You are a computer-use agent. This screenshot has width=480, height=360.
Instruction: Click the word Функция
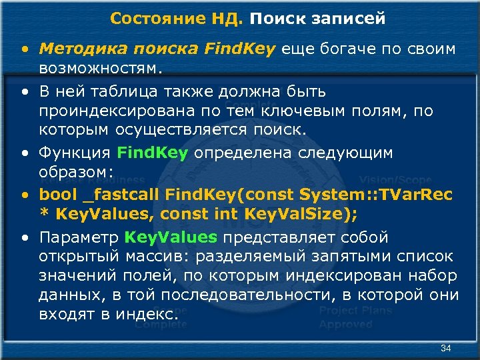[x=74, y=153]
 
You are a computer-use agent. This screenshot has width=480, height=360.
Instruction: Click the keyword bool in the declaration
[x=57, y=195]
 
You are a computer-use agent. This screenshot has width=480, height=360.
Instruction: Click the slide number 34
[x=446, y=349]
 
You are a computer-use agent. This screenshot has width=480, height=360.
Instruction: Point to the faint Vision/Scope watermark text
[x=395, y=180]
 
